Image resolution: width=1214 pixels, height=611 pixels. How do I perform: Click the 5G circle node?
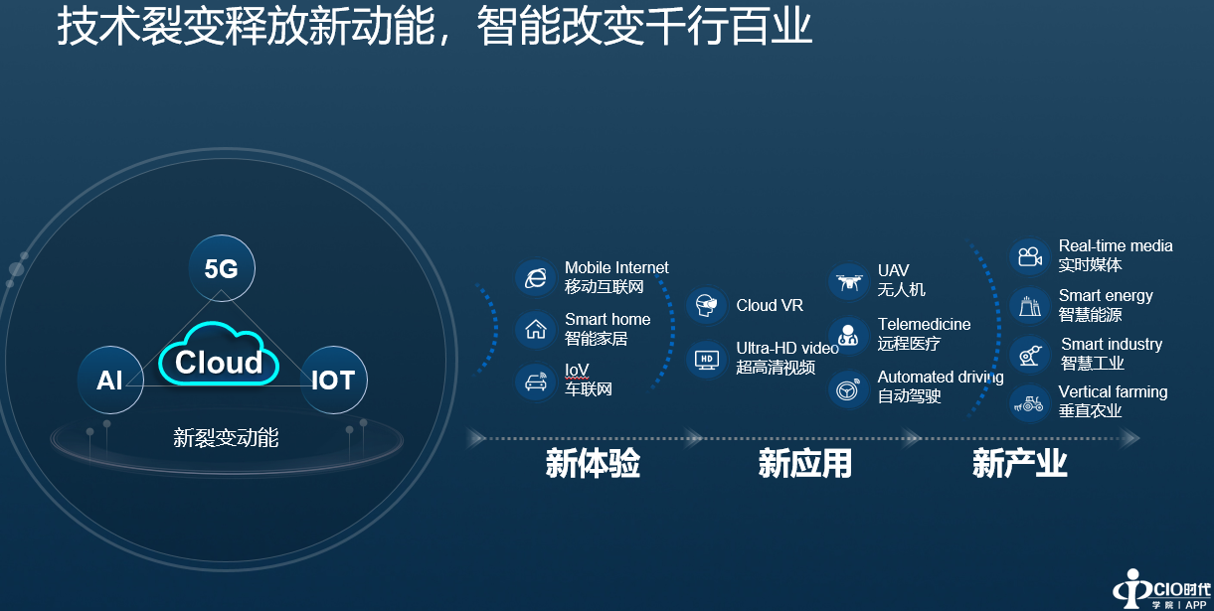tap(221, 267)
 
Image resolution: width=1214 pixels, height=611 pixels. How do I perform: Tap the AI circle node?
tap(110, 380)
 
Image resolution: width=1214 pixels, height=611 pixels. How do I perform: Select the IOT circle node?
tap(333, 380)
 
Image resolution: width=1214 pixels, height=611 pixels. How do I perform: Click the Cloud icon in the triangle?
tap(219, 355)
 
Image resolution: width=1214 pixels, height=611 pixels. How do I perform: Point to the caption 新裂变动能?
tap(226, 438)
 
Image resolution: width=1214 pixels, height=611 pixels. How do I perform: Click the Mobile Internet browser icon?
tap(536, 278)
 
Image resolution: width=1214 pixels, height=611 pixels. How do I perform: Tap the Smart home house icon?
tap(536, 329)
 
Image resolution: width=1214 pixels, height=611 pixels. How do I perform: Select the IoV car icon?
tap(536, 382)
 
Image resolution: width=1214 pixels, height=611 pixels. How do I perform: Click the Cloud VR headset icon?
tap(707, 306)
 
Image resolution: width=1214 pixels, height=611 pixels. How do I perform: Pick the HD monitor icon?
tap(707, 359)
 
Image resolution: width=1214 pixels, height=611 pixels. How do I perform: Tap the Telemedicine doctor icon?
tap(849, 336)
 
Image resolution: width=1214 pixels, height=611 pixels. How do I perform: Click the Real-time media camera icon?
tap(1030, 256)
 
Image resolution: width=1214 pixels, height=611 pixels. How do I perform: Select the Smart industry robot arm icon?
tap(1030, 355)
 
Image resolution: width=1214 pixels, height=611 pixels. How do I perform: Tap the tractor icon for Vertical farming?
tap(1030, 403)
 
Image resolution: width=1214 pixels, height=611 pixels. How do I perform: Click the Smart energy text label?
tap(1106, 296)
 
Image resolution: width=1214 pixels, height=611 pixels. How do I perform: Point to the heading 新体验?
tap(593, 463)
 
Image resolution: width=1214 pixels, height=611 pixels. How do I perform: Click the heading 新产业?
tap(1019, 463)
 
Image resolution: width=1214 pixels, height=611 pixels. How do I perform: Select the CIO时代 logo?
tap(1162, 589)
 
